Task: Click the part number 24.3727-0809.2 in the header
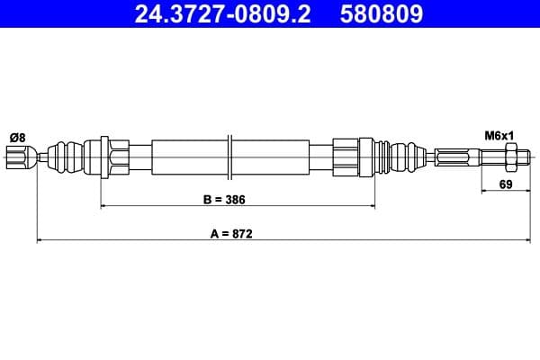point(222,13)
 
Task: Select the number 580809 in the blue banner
point(382,13)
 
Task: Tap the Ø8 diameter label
point(18,138)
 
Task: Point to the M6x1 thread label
point(499,136)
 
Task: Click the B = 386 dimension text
point(224,200)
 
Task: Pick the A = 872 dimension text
point(231,234)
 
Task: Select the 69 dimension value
point(506,184)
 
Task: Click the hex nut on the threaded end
point(510,157)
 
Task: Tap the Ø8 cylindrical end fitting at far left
point(22,157)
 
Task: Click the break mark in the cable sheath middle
point(230,157)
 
